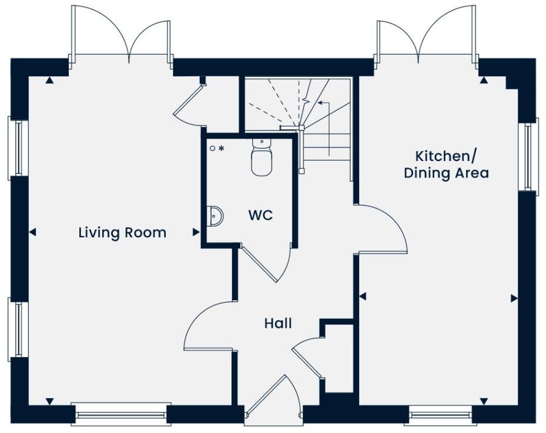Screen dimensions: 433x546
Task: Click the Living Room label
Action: pos(122,233)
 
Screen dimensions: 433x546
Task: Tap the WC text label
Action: pos(260,215)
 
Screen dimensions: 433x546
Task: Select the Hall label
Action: pos(277,323)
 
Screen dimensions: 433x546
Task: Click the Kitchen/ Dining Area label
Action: pos(446,165)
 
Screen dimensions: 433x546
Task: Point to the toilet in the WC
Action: pos(262,159)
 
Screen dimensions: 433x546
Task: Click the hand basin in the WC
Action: pos(214,216)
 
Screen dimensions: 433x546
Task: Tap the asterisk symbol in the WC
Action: pos(222,149)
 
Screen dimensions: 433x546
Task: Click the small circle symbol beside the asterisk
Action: pos(213,149)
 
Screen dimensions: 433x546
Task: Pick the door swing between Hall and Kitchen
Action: pos(385,229)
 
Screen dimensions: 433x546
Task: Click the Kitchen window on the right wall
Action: pos(528,156)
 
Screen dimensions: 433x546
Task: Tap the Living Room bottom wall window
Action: pos(121,414)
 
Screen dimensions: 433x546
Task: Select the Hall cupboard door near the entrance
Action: pos(307,358)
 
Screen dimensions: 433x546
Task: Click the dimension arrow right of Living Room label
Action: pos(196,233)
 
